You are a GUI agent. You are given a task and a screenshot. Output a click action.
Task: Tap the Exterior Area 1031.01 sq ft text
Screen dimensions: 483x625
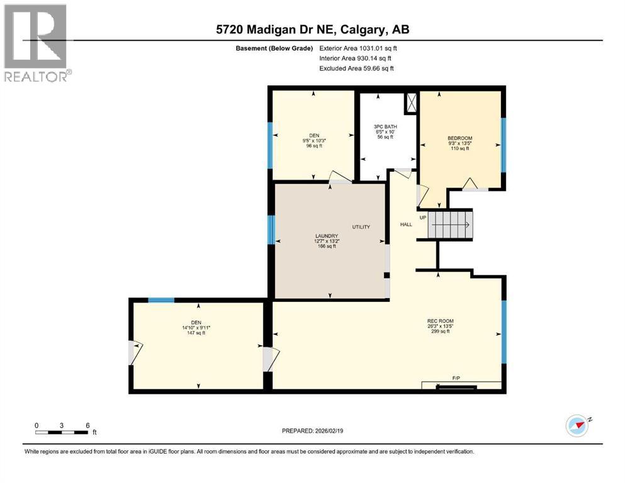pyautogui.click(x=358, y=48)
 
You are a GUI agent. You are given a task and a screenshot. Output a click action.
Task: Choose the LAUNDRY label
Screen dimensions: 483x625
pyautogui.click(x=325, y=241)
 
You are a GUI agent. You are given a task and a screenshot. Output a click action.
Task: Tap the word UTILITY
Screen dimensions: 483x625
pyautogui.click(x=361, y=227)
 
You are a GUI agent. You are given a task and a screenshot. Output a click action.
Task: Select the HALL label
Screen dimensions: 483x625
pyautogui.click(x=405, y=225)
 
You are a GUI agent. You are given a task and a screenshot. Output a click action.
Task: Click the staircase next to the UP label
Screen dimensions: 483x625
pyautogui.click(x=449, y=225)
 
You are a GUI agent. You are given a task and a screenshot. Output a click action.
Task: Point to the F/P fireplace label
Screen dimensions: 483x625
pyautogui.click(x=456, y=378)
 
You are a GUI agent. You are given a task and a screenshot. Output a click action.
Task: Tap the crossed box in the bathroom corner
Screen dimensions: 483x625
pyautogui.click(x=412, y=103)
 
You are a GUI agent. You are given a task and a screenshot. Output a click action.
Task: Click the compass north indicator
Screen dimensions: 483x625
pyautogui.click(x=577, y=425)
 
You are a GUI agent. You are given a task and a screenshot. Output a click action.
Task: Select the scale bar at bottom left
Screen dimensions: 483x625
pyautogui.click(x=62, y=431)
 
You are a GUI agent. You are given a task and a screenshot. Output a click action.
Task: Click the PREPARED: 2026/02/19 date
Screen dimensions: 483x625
pyautogui.click(x=312, y=431)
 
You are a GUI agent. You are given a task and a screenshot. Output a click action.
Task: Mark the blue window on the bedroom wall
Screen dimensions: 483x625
pyautogui.click(x=504, y=145)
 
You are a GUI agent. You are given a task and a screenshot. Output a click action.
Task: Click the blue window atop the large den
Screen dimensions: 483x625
pyautogui.click(x=161, y=300)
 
